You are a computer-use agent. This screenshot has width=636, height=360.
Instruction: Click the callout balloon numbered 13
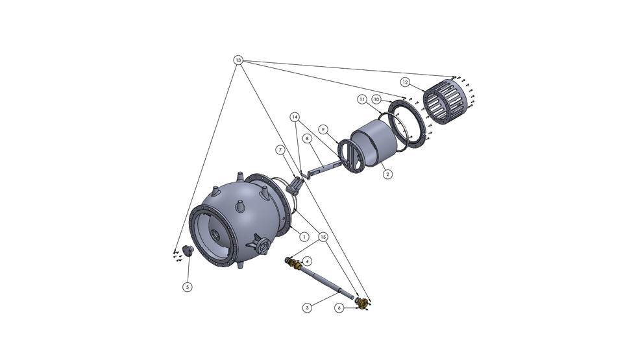(x=238, y=60)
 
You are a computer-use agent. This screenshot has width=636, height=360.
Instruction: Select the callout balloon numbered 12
(x=405, y=82)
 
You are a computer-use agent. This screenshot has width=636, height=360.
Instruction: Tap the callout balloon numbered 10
(x=377, y=99)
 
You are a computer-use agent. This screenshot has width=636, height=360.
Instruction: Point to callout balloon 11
(x=362, y=99)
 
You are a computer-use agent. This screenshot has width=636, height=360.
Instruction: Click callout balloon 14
(x=295, y=117)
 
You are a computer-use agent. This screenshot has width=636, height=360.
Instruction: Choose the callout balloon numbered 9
(x=323, y=129)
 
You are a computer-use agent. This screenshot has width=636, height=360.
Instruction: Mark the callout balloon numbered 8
(x=308, y=139)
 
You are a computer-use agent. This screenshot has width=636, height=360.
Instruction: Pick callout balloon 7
(x=280, y=150)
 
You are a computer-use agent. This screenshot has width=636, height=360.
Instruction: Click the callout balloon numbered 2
(x=388, y=174)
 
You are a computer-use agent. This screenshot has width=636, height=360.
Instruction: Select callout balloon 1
(x=304, y=237)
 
